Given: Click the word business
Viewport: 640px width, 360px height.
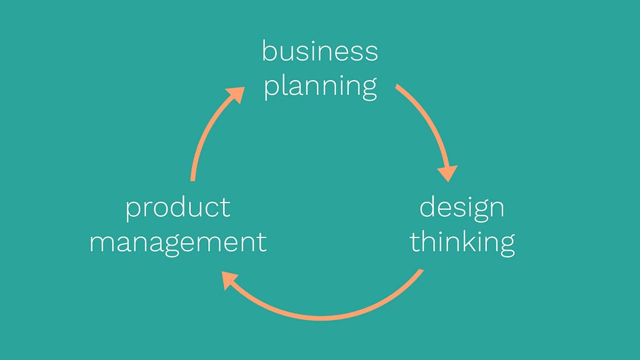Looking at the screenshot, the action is [x=320, y=51].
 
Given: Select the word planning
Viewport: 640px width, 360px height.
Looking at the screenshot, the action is [x=321, y=86].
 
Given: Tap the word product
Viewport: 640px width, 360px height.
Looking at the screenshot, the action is [x=178, y=208].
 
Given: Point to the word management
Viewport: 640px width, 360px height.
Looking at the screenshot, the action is [x=178, y=242].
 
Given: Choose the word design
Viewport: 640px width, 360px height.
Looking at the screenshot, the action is [x=462, y=208].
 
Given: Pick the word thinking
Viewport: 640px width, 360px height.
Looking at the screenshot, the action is [x=462, y=242].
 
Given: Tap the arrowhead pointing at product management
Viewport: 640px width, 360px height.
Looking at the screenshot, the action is [x=230, y=280].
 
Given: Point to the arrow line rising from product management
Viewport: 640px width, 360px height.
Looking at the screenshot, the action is [x=206, y=130].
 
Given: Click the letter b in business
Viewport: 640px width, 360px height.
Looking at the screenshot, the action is [x=269, y=51].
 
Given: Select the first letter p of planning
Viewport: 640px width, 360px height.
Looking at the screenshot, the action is [x=271, y=89].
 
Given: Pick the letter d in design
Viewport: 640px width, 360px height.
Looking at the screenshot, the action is [x=427, y=208].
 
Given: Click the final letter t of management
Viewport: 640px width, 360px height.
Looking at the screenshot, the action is [x=262, y=243].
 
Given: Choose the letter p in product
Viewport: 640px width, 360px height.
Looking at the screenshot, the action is [x=132, y=211].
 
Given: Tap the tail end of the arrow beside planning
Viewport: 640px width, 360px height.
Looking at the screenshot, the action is [x=397, y=86].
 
